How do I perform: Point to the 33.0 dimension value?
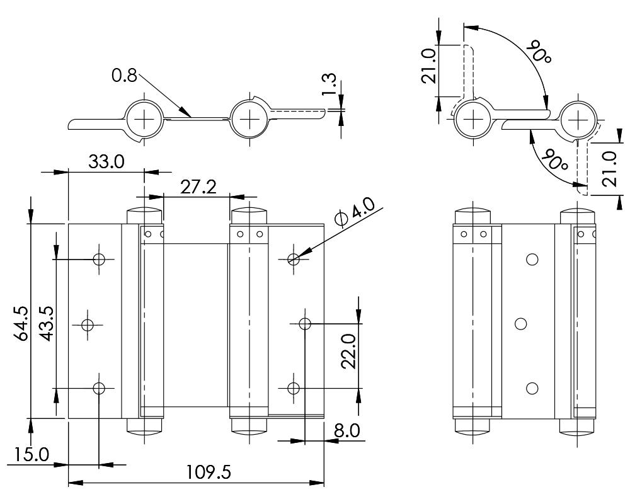click(x=106, y=162)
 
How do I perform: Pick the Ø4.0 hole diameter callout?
click(x=356, y=212)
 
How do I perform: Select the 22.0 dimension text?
click(x=348, y=350)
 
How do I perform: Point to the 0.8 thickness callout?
click(x=124, y=76)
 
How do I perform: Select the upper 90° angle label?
click(x=540, y=51)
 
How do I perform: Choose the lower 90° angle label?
click(x=556, y=160)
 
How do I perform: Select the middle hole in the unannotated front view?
click(x=520, y=324)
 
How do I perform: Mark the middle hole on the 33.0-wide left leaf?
click(x=88, y=324)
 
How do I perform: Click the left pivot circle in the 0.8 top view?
click(x=144, y=118)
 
